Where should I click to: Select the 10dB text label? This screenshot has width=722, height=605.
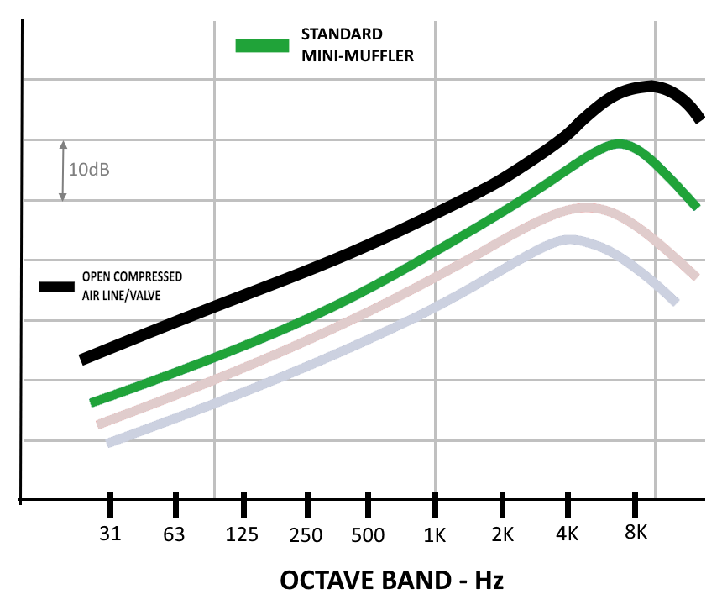coord(90,170)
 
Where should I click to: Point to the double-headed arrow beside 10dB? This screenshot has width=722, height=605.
coord(62,170)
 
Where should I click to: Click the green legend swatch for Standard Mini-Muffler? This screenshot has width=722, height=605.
coord(262,45)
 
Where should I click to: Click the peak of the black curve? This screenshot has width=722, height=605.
coord(650,86)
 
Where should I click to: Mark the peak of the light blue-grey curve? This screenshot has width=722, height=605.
coord(571,240)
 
